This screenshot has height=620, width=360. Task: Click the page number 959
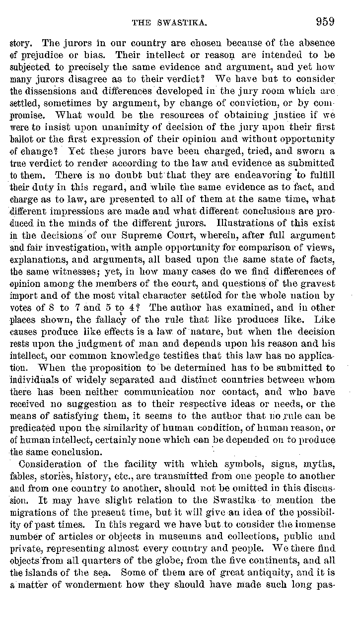tap(324, 22)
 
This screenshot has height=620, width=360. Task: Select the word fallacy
tap(113, 321)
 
